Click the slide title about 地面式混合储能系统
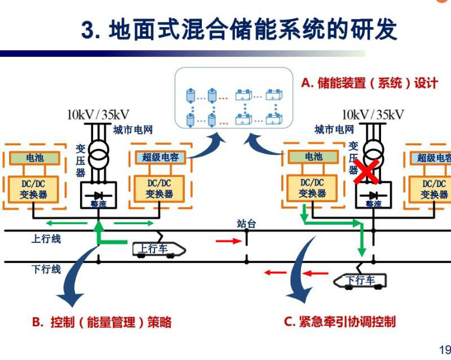tap(240, 29)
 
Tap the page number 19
tap(444, 348)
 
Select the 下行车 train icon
tap(359, 279)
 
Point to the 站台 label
tap(246, 224)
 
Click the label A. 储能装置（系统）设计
tap(369, 83)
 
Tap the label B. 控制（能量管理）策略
tap(101, 322)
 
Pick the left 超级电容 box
tap(160, 157)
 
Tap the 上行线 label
tap(46, 238)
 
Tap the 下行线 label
tap(46, 269)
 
